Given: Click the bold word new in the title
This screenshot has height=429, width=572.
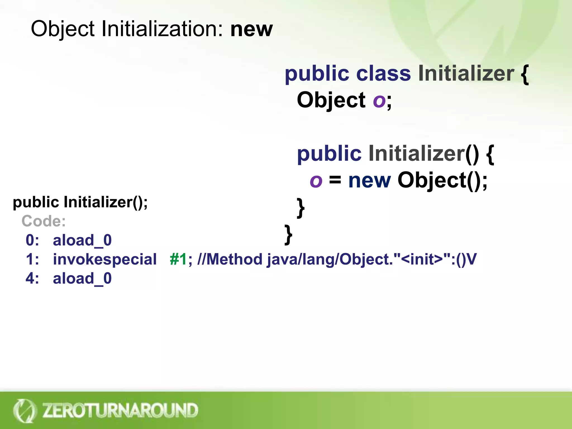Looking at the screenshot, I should pos(251,29).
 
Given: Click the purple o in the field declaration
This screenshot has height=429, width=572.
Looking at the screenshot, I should pos(379,100).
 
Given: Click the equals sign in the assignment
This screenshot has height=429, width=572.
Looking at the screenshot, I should pos(335,180).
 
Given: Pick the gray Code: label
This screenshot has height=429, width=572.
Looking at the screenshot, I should pos(44,221).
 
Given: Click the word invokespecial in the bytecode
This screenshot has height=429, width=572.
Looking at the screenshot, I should pos(105,259).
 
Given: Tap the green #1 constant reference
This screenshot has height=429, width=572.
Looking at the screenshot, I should pos(178,259).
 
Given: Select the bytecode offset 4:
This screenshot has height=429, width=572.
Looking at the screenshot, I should pos(32,278).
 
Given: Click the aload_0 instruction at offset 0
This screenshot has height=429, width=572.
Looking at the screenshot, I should pos(82,240).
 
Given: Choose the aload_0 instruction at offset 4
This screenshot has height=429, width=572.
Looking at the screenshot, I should pos(82,278).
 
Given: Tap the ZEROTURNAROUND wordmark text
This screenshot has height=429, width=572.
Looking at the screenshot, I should pos(120,410).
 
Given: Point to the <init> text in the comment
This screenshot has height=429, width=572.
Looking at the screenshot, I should pos(421,259).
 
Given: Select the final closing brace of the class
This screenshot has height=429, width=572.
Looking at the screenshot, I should pos(288,235).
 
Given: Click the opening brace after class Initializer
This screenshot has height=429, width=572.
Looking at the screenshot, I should pos(525,74).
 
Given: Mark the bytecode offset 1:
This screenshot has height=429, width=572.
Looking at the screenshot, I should pos(32,259).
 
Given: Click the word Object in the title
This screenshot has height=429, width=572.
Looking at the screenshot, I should pos(63,29).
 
